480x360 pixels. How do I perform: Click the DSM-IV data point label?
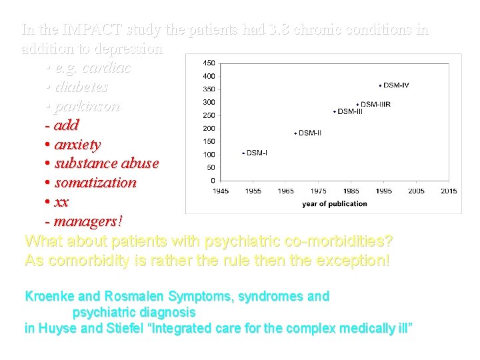coord(397,85)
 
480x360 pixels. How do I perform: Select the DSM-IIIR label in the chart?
coord(375,105)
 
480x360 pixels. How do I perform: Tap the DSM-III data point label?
coord(350,111)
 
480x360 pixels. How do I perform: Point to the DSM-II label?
coord(309,133)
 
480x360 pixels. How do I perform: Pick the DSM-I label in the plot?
coord(257,153)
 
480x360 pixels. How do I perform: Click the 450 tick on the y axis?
coord(209,63)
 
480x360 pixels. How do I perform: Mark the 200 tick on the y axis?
coord(209,128)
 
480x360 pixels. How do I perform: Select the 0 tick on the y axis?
coord(212,180)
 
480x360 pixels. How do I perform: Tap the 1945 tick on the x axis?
coord(221,191)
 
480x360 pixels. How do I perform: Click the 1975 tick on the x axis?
coord(319,191)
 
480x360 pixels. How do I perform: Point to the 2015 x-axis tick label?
coord(449,191)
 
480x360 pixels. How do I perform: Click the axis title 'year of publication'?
coord(334,204)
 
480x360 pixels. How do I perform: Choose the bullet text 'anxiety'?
coord(77,145)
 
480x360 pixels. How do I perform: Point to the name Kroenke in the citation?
coord(50,297)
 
